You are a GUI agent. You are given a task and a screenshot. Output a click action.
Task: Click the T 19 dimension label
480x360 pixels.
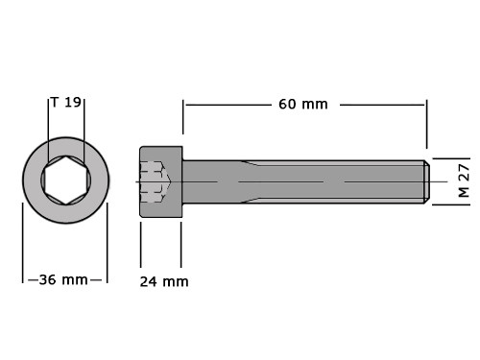coord(66,103)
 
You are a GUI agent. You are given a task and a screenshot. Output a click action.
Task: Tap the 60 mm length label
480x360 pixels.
coord(303,105)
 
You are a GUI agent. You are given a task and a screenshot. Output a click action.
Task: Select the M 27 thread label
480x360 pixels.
coord(464,180)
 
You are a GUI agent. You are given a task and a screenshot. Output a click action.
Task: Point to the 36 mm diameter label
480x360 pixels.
coord(63,280)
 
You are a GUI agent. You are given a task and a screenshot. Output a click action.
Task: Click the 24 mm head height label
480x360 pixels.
coord(164,281)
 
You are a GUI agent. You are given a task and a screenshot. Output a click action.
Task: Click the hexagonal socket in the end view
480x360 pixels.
coord(66,180)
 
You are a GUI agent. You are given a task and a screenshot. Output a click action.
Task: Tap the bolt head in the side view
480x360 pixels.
coord(161,181)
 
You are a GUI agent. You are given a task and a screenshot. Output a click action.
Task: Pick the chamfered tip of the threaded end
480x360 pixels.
coord(427,181)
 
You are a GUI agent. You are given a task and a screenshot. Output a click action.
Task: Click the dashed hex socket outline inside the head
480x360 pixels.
coord(155,181)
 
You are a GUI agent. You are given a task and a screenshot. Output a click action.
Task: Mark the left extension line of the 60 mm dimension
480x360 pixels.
coord(183,117)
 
